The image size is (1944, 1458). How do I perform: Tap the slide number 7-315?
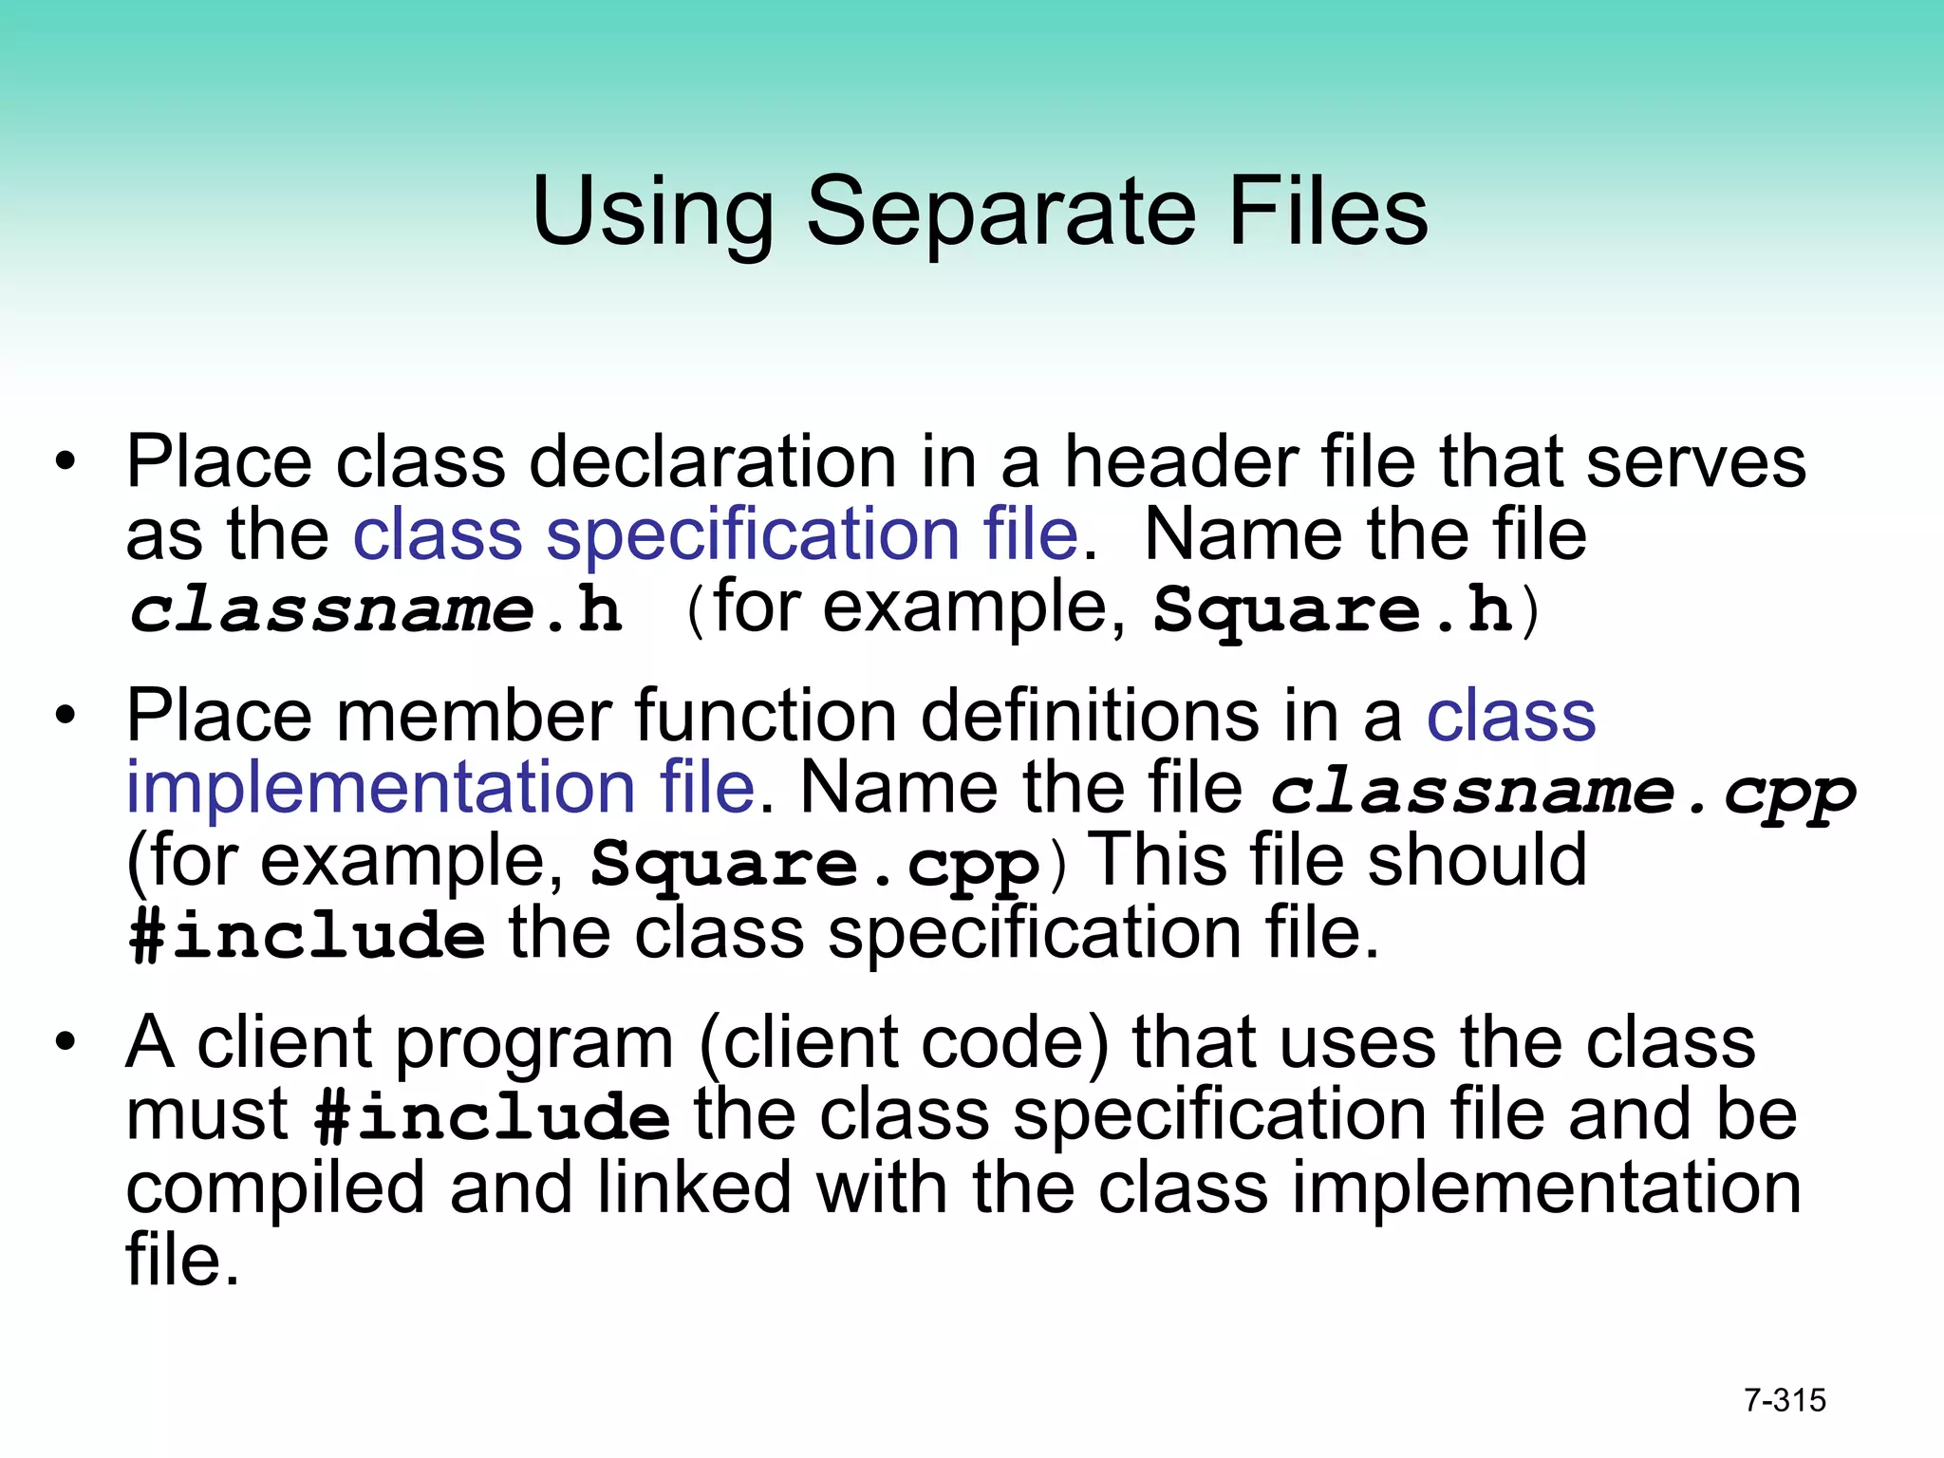pos(1785,1400)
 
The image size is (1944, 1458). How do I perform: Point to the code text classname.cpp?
pos(1562,792)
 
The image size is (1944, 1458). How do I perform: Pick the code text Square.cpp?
pos(815,864)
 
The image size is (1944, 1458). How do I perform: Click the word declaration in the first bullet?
pos(712,462)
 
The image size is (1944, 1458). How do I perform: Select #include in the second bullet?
pos(307,935)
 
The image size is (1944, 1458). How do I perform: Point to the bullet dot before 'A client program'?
pos(65,1043)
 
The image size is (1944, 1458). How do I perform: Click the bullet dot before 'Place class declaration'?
pos(65,462)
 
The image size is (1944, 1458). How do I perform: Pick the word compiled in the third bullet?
pos(275,1189)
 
